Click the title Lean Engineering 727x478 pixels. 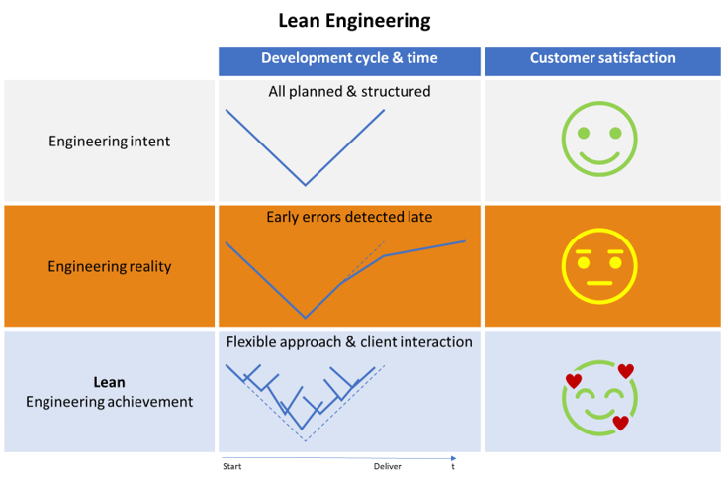354,20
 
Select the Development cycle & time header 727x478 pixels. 348,59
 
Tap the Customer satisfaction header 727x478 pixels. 602,59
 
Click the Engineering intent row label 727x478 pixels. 109,142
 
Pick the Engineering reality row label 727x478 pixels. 109,266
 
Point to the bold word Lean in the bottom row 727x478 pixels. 109,382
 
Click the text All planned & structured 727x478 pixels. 349,92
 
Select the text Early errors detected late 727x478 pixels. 349,217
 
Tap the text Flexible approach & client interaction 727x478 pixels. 349,342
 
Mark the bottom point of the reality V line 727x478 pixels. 305,318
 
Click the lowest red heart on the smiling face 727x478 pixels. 620,424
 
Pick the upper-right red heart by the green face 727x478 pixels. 625,371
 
